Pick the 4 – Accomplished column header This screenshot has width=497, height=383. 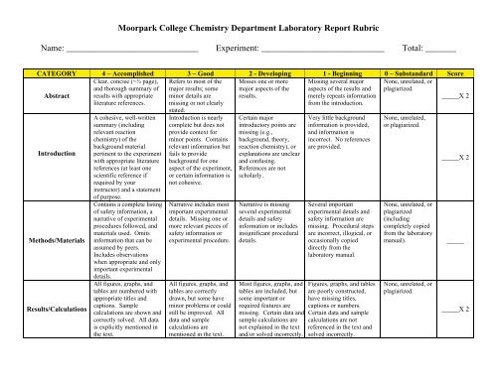(x=114, y=73)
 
